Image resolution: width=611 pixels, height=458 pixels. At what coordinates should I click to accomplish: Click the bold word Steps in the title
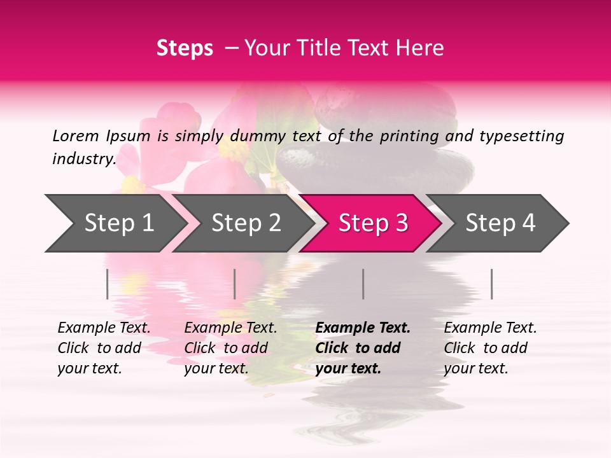pos(185,48)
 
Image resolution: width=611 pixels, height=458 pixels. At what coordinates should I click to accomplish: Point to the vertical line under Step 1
pos(108,284)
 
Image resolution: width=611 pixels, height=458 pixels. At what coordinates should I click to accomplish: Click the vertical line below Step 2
pos(235,284)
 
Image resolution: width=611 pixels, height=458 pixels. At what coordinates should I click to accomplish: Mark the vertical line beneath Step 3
pos(363,284)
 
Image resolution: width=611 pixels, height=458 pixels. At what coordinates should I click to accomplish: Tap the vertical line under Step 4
pos(492,284)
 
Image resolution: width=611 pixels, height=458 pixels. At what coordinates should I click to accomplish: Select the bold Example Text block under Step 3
pos(363,348)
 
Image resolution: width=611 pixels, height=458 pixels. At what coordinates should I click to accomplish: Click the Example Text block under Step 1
pos(104,348)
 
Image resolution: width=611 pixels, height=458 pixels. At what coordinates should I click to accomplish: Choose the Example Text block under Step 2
pos(230,348)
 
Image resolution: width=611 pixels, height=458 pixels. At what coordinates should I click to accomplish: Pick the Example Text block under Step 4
pos(490,348)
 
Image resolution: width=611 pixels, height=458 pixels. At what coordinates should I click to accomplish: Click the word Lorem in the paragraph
pos(76,136)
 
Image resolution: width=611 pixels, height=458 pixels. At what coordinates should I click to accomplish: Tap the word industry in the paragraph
pos(84,159)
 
